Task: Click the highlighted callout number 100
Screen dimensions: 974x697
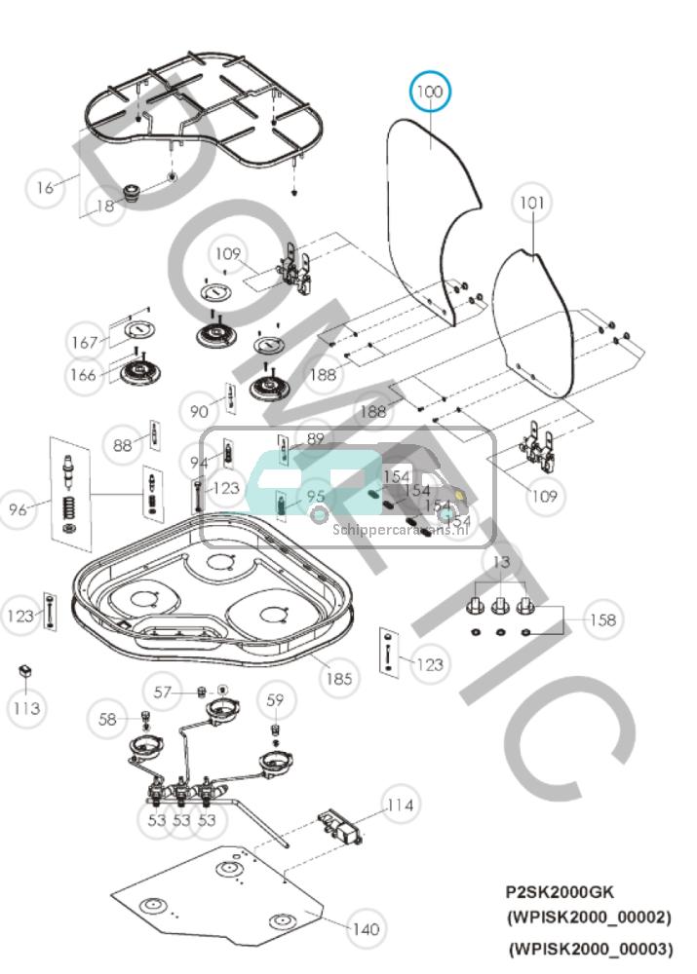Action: pyautogui.click(x=430, y=93)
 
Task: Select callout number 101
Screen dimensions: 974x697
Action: pyautogui.click(x=531, y=204)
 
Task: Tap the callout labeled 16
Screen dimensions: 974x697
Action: pyautogui.click(x=45, y=187)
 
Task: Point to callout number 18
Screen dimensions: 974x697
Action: pyautogui.click(x=104, y=206)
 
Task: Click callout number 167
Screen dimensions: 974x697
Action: pyautogui.click(x=86, y=342)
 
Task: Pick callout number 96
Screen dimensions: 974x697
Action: pyautogui.click(x=19, y=508)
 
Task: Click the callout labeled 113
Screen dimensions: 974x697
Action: pyautogui.click(x=26, y=708)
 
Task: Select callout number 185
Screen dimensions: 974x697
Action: pyautogui.click(x=338, y=678)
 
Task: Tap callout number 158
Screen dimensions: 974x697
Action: pyautogui.click(x=603, y=619)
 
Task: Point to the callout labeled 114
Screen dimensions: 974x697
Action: pyautogui.click(x=400, y=805)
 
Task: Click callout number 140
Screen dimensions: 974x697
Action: pyautogui.click(x=365, y=929)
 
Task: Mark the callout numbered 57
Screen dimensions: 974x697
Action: pyautogui.click(x=163, y=692)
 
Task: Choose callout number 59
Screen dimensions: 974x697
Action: pyautogui.click(x=276, y=699)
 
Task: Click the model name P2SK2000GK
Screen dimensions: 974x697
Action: pyautogui.click(x=560, y=891)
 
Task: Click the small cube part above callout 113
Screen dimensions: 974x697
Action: pyautogui.click(x=26, y=672)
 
